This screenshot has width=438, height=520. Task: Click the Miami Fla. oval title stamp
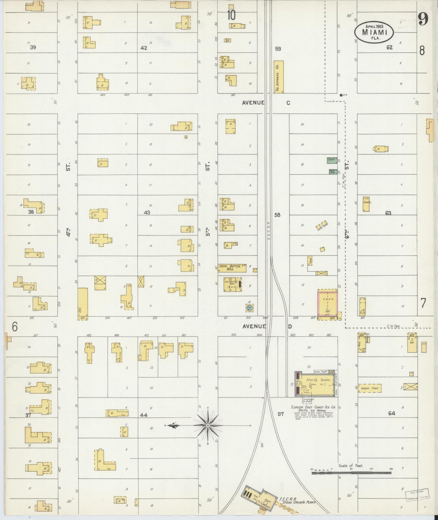374,32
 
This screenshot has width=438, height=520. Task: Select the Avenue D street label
267,326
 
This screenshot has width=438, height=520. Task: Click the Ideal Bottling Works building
232,268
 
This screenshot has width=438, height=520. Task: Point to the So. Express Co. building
278,77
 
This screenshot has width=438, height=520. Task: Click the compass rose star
208,426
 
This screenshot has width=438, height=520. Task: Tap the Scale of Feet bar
352,472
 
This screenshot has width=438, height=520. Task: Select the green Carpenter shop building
332,160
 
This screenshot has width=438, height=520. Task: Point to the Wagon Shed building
369,388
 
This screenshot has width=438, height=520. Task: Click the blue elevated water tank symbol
249,308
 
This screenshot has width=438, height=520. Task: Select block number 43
147,213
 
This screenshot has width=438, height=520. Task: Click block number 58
277,215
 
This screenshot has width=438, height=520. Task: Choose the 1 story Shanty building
366,204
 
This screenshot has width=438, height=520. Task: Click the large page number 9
423,19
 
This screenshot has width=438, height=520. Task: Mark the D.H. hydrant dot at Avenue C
341,95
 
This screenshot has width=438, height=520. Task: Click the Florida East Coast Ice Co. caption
313,407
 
